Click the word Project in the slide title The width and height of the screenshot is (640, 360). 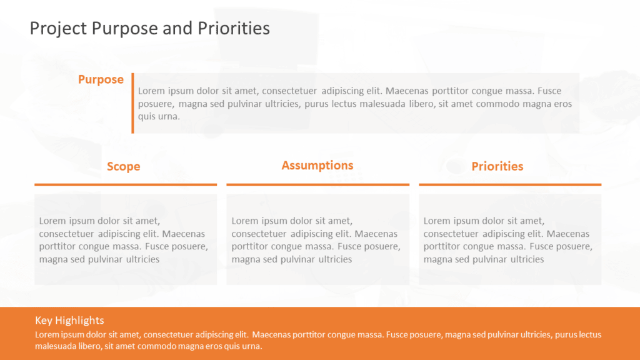coord(58,29)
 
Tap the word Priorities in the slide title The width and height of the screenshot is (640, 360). coord(234,28)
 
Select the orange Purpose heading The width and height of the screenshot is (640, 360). coord(101,79)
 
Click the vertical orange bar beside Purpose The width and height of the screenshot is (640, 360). coord(132,103)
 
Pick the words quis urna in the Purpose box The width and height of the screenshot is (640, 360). coord(159,116)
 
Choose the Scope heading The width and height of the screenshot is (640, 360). coord(124,166)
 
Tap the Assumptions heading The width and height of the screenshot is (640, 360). coord(317,165)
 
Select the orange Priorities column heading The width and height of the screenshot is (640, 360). coord(497,166)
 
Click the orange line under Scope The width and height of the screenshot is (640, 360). coord(126,184)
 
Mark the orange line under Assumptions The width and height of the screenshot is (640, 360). coord(318,184)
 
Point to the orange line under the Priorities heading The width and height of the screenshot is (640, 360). coord(510,184)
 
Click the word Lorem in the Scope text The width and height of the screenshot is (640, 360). coord(52,221)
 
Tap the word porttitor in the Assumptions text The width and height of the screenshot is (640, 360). coord(250,246)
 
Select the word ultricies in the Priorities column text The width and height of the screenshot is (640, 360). coord(527,259)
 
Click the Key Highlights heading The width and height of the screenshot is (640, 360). coord(69,321)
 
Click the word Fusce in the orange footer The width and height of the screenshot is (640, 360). coord(396,335)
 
